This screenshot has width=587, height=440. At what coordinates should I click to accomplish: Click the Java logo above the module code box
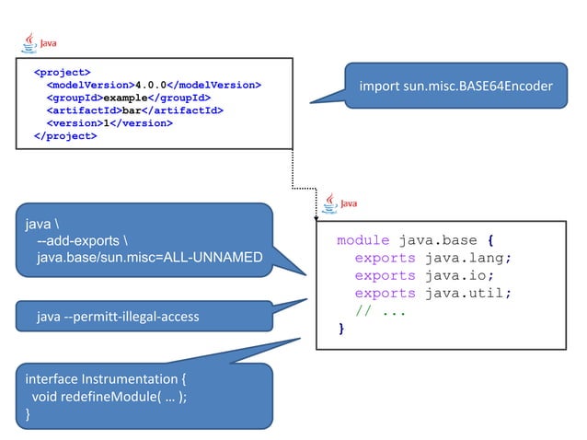coord(342,203)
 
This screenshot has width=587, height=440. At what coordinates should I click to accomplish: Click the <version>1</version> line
coord(109,123)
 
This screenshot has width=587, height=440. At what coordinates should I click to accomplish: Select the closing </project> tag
coord(64,136)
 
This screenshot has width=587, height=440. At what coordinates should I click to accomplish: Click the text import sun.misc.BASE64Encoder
coord(455,87)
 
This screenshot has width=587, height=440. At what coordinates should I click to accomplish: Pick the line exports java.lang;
coord(432,258)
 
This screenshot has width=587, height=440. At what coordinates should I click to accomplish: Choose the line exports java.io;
coord(424,275)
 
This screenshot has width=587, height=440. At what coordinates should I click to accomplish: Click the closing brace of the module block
coord(342,328)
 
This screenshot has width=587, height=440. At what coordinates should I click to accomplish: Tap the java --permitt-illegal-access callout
coord(118,318)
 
